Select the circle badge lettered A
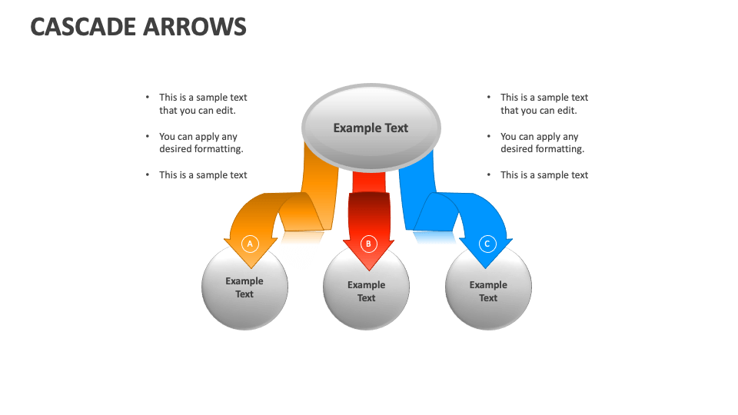pos(248,244)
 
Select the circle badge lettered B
pos(368,244)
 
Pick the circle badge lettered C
pos(487,244)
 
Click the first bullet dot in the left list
pos(148,98)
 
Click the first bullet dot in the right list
pos(490,98)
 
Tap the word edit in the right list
pos(567,111)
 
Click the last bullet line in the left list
pos(203,175)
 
